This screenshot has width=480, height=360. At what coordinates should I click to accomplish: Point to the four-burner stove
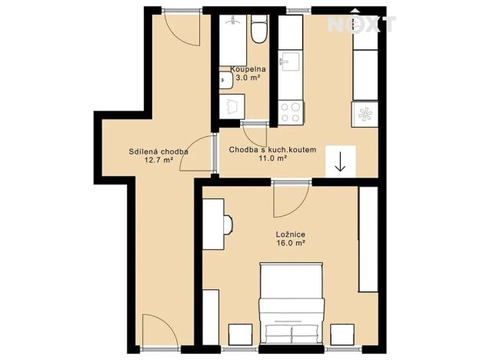click(292, 113)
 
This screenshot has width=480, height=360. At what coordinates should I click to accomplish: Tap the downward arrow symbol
click(339, 162)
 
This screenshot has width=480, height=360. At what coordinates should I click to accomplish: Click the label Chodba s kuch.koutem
click(272, 148)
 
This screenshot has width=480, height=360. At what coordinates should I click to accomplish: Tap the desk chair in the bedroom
click(228, 224)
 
